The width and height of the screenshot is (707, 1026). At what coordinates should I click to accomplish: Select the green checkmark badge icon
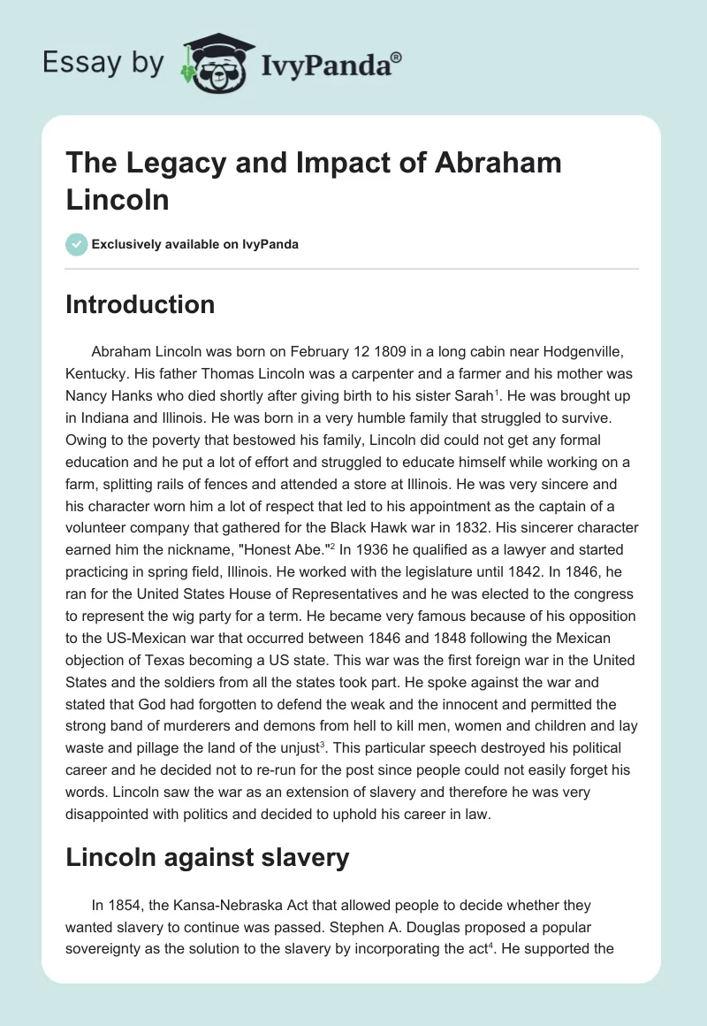[x=77, y=244]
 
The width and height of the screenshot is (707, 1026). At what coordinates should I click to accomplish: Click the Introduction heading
[x=140, y=305]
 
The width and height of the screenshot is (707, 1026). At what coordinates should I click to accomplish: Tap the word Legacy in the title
[x=170, y=164]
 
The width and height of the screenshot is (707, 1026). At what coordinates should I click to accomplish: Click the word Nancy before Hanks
[x=87, y=396]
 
